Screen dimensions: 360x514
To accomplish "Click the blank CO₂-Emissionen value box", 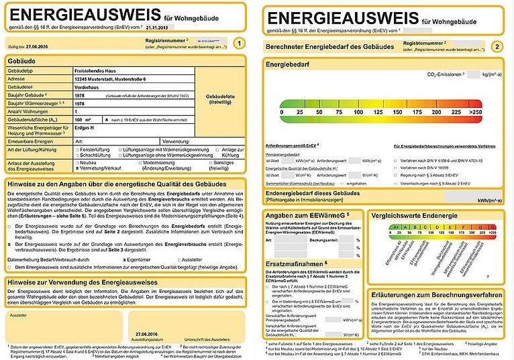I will pyautogui.click(x=474, y=75).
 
